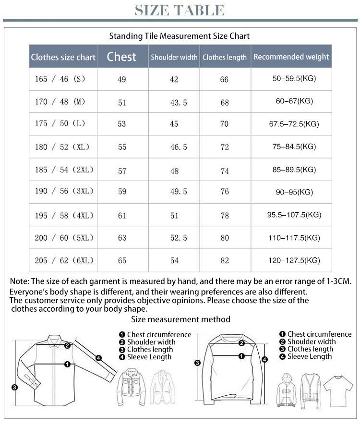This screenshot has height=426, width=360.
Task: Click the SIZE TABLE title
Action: [x=180, y=11]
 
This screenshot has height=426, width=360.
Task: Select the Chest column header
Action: [x=121, y=57]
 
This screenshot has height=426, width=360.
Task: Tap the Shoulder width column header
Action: [x=174, y=57]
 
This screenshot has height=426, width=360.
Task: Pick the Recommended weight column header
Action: [x=291, y=57]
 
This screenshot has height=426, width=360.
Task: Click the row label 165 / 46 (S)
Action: [x=60, y=79]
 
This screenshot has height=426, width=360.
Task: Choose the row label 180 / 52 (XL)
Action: [x=62, y=146]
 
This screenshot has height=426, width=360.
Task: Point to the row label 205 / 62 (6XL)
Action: [x=64, y=260]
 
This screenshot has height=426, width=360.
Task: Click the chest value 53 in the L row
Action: [x=122, y=124]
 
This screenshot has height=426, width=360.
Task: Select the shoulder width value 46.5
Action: [x=179, y=147]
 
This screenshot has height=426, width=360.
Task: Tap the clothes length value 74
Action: [x=225, y=170]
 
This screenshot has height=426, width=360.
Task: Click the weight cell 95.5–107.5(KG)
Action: [x=294, y=215]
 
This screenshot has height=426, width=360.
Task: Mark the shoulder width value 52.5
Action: [x=179, y=238]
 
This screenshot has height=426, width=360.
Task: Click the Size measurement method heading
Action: [x=180, y=319]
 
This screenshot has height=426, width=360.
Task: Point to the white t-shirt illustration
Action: [x=338, y=389]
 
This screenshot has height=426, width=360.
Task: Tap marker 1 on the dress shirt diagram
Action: [x=67, y=365]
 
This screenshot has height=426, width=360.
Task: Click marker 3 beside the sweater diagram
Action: [x=197, y=363]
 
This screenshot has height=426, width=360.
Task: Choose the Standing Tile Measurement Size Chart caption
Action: [x=180, y=36]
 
